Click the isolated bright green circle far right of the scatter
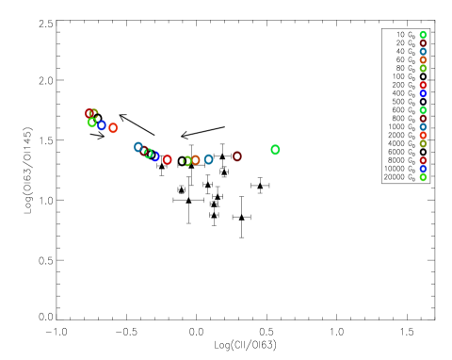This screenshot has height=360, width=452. coord(275,150)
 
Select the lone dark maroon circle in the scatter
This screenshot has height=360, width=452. coord(237,156)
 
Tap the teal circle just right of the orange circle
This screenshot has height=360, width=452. coord(208,159)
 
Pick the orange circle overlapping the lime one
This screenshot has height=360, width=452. coord(195,160)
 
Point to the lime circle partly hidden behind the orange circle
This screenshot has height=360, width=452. coord(186,161)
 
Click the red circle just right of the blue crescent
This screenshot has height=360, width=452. coord(168,160)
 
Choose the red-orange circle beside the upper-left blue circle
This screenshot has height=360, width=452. coord(113,128)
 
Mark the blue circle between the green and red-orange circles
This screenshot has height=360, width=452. coord(102,125)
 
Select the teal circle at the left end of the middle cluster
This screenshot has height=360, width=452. coord(138,147)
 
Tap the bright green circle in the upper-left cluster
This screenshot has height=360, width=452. coord(92,123)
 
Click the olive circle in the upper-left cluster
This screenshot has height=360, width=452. coord(94,113)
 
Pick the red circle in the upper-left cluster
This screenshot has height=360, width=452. coord(89,114)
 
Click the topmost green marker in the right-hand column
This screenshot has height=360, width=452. coord(423,35)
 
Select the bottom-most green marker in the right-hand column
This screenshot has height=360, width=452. coord(423,177)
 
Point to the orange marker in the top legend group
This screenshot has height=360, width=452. coord(423,60)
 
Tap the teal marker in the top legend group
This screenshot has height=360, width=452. coord(423,52)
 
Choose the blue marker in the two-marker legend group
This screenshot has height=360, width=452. coord(423,94)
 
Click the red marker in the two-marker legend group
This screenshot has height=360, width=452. coord(423,86)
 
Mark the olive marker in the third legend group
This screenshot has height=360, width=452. coord(423,144)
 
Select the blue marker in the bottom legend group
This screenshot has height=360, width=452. coord(423,169)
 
